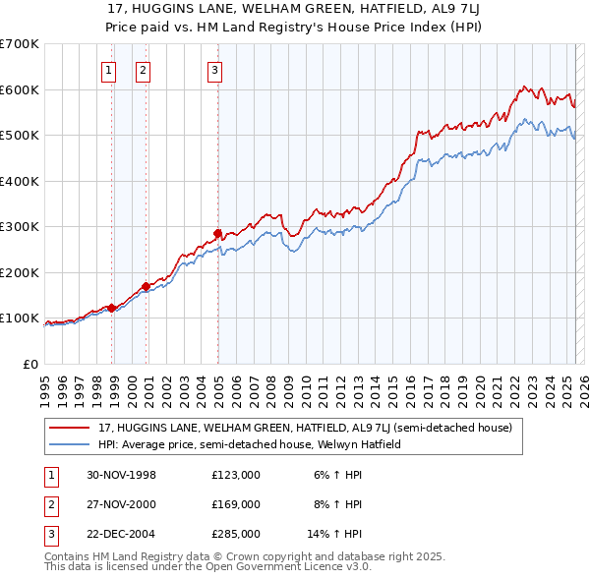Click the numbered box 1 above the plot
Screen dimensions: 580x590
[x=107, y=69]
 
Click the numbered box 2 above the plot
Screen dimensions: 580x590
[x=143, y=69]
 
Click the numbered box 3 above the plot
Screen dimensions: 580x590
[x=214, y=69]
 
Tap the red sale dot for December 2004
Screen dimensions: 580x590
[x=217, y=233]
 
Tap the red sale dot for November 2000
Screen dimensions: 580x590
[x=146, y=286]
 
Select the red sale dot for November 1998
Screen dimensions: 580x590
[x=112, y=308]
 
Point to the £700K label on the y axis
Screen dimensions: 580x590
[x=20, y=44]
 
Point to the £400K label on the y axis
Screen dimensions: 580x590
[x=20, y=181]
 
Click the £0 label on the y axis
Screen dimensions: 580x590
[x=29, y=364]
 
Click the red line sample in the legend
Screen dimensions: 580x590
[x=71, y=429]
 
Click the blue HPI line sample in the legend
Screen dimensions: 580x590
[x=71, y=444]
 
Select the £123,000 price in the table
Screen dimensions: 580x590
[x=236, y=475]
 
